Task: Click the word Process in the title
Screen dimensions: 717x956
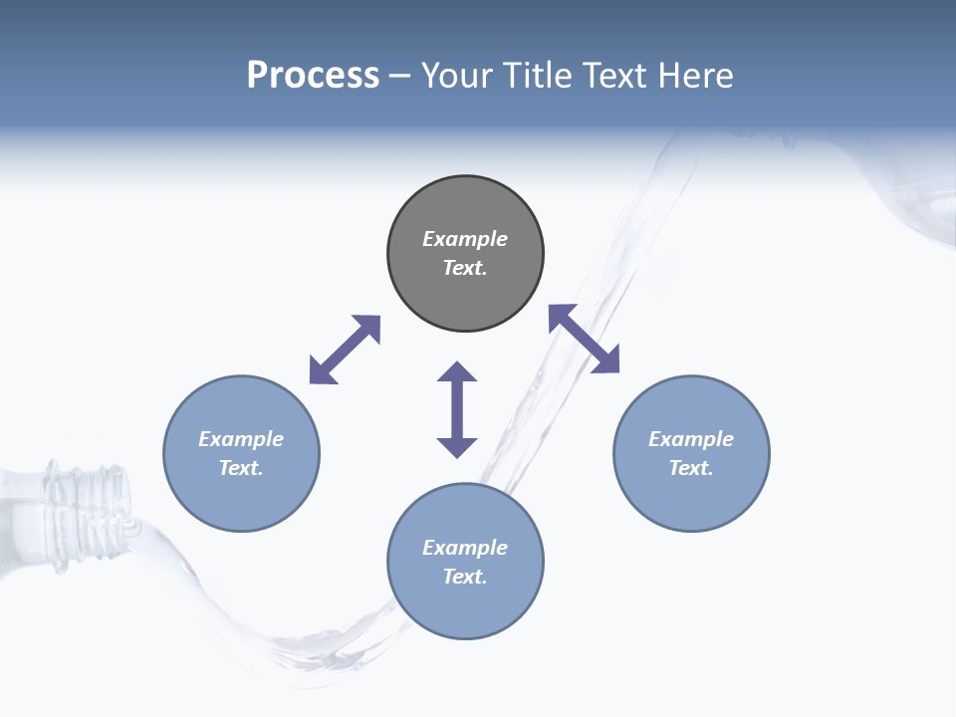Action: [x=313, y=76]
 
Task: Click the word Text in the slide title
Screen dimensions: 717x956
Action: [x=617, y=76]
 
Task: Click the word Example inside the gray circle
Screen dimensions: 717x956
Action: [x=465, y=239]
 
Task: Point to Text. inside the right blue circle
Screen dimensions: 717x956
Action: [x=691, y=468]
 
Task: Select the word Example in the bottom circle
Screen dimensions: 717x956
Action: [x=465, y=548]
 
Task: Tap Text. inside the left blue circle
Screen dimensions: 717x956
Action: [x=241, y=468]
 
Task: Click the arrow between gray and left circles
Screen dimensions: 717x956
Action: [x=345, y=350]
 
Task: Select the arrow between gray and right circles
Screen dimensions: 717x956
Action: [x=584, y=339]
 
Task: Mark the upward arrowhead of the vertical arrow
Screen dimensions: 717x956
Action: [x=457, y=372]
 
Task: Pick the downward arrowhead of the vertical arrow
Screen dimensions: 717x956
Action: [x=457, y=446]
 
